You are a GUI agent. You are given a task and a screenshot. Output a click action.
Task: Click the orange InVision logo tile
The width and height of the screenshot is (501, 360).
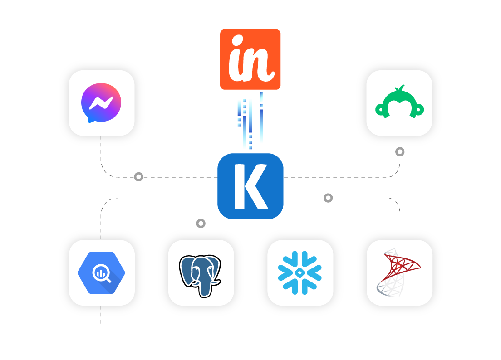coord(250,59)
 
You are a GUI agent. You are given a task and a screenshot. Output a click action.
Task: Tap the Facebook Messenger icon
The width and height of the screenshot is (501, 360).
coord(101,103)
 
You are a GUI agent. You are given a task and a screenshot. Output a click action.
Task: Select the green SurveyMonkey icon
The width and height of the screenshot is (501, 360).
coord(399,103)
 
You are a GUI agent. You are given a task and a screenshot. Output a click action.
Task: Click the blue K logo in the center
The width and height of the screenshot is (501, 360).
coord(250,186)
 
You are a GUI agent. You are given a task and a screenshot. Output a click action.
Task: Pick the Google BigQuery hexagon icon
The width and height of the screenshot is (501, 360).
coord(101,273)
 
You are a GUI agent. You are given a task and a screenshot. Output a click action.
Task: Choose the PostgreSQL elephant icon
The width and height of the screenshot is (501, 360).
coord(201,273)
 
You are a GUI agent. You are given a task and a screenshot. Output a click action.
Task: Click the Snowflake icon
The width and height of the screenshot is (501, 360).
coord(300,273)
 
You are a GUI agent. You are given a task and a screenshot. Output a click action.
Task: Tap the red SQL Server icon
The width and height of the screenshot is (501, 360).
coord(399,273)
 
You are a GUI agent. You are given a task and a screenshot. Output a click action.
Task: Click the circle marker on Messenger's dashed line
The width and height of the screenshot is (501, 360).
coord(138,177)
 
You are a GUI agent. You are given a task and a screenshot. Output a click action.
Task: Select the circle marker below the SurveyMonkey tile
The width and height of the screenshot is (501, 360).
coord(400,151)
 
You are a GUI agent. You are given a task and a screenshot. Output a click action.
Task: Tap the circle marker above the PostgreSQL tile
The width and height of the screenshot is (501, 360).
coord(201,223)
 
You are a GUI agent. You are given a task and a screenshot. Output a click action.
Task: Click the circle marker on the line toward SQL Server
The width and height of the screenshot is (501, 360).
coord(328,198)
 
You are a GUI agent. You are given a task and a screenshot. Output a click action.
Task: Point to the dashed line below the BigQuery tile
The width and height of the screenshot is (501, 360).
coord(101,315)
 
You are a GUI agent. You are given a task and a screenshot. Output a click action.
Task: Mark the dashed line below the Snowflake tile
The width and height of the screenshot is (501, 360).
coord(300,315)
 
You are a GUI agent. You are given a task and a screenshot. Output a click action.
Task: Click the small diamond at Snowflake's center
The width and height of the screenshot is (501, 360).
coord(300,273)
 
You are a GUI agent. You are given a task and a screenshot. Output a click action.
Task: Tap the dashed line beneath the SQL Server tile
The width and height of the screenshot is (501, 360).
coord(400,315)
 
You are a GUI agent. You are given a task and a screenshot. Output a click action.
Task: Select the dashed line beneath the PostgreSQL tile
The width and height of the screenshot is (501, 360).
coord(201,315)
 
